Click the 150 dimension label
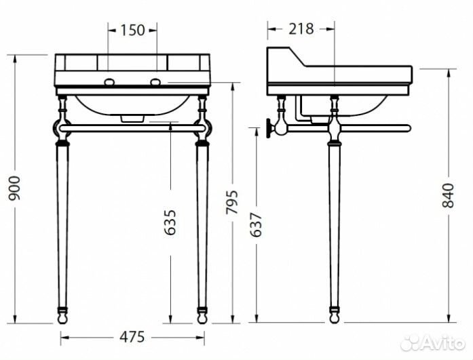point(133,29)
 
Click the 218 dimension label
point(300,28)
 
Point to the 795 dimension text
point(233,201)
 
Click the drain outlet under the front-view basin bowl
point(133,118)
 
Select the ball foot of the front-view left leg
point(64,316)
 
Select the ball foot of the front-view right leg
point(202,316)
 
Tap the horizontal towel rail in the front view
point(133,127)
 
